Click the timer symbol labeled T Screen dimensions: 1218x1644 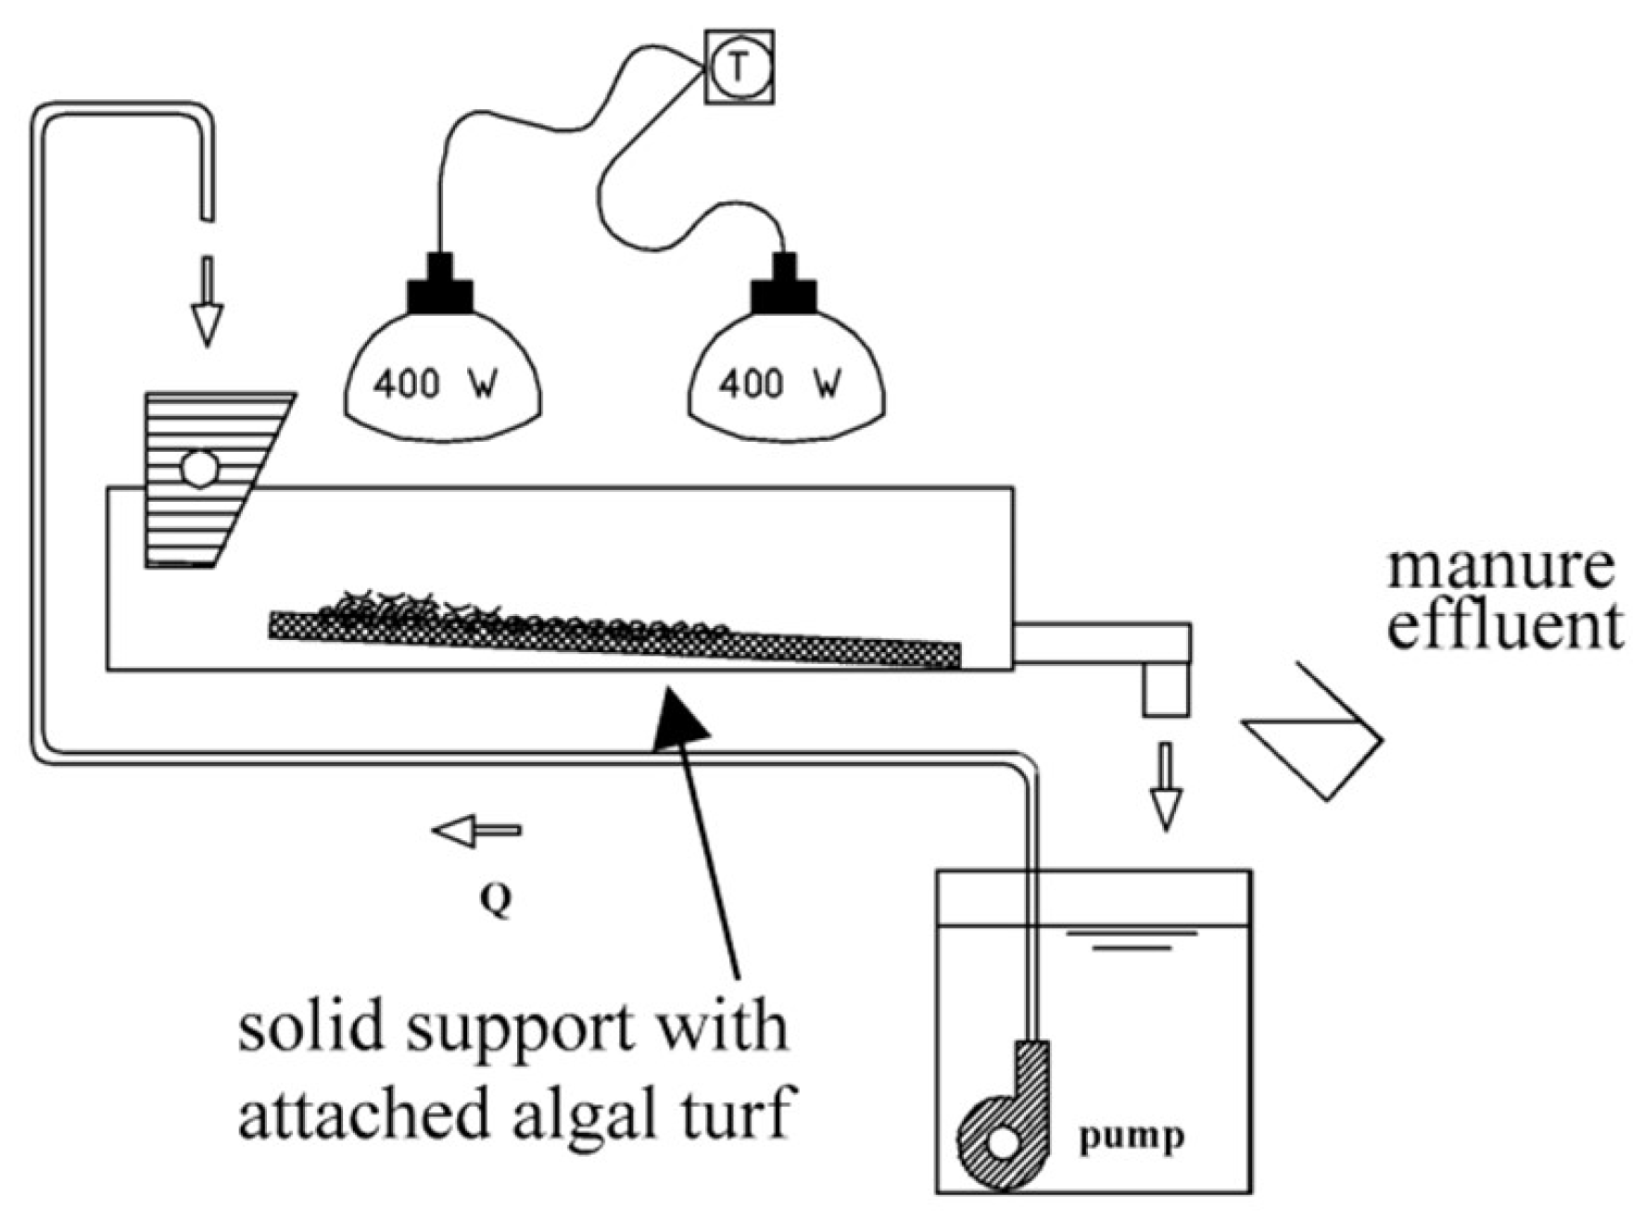(x=739, y=68)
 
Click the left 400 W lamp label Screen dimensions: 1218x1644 (x=436, y=383)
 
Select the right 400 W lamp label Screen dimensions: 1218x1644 (x=779, y=383)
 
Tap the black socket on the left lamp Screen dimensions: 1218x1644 (x=440, y=287)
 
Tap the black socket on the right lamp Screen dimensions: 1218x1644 (x=784, y=287)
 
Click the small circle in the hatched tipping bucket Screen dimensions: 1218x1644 (x=199, y=469)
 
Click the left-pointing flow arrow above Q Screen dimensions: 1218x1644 (x=475, y=831)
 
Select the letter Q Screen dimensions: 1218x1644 (x=497, y=898)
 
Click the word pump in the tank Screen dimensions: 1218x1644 (x=1131, y=1136)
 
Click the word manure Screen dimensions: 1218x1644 (x=1500, y=567)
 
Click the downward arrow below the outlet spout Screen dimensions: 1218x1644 (x=1166, y=785)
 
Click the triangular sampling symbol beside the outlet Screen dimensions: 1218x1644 (x=1316, y=732)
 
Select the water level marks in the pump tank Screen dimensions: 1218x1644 (x=1131, y=940)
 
